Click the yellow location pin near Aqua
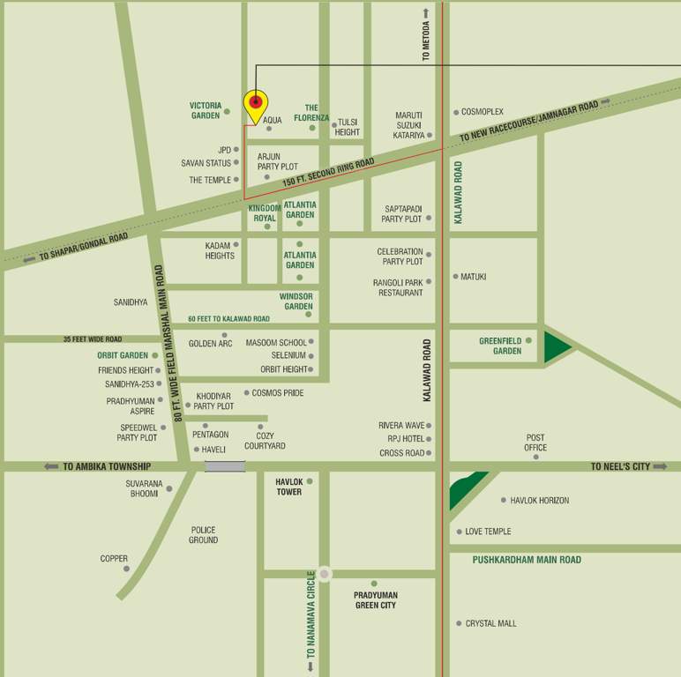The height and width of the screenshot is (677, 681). [255, 105]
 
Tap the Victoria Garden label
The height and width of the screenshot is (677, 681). [206, 110]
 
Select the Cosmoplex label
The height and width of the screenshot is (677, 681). [482, 112]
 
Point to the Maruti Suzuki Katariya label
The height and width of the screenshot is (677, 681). [408, 125]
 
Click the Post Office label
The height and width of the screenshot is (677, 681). [535, 443]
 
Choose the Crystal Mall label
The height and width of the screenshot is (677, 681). [490, 623]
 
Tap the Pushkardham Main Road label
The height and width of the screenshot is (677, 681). [527, 560]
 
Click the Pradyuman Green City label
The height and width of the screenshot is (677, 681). [376, 600]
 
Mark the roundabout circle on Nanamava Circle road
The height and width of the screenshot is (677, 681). [325, 574]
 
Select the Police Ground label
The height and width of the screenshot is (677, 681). [203, 535]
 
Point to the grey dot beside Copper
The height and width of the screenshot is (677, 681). [126, 569]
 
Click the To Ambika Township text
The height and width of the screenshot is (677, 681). [107, 466]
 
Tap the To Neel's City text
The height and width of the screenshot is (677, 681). [620, 466]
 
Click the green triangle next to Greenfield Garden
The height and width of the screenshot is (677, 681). [556, 346]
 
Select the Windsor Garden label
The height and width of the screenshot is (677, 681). [296, 301]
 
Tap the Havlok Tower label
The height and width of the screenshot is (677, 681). [288, 487]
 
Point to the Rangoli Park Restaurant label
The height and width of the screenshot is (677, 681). [400, 287]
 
